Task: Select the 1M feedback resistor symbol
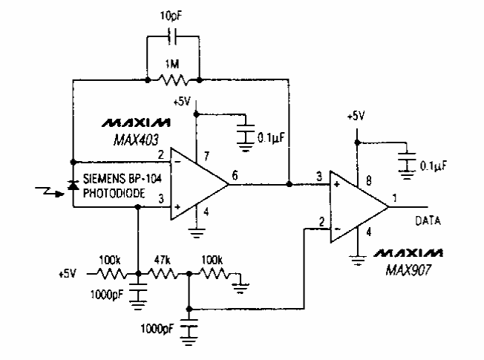click(173, 77)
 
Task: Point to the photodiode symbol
click(73, 185)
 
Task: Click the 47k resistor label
click(162, 261)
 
